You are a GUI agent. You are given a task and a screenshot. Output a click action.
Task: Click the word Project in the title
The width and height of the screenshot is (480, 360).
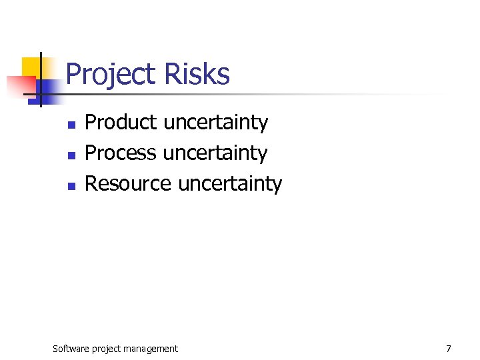(111, 75)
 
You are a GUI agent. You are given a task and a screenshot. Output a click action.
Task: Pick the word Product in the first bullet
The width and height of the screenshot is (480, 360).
(121, 123)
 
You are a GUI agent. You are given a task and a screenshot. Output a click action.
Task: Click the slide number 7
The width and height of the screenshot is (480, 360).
(448, 348)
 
